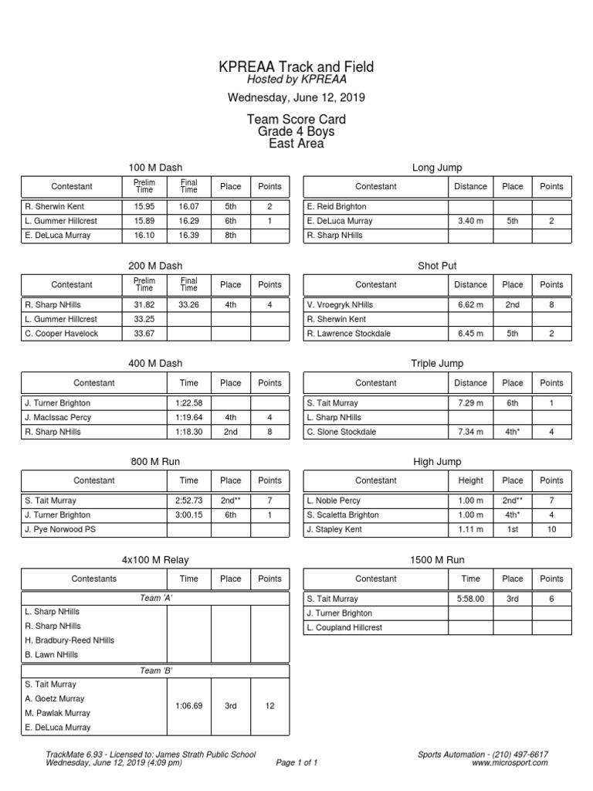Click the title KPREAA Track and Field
296,67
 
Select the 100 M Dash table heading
155,168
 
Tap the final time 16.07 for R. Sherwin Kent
189,207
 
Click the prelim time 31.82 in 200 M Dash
144,305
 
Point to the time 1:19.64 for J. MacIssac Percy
188,418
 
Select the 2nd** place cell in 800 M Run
230,501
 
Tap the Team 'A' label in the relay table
155,598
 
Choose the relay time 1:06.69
188,706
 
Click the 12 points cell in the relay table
269,706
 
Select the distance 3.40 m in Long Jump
470,221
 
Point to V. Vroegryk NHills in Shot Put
340,305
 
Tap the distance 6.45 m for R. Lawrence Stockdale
470,334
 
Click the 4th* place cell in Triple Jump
512,432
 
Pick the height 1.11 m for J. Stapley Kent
470,530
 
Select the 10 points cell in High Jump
551,530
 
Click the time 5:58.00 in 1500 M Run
470,599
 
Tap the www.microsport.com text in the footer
510,762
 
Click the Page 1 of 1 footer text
296,762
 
